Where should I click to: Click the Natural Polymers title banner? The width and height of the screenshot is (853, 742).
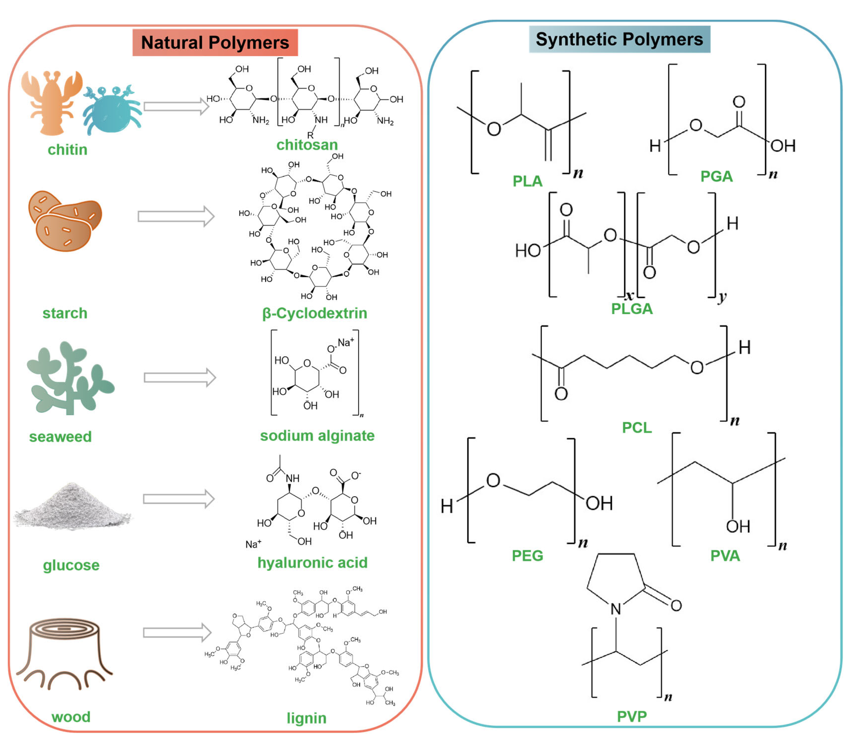coord(215,42)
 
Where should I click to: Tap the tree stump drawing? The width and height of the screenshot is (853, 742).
coord(64,654)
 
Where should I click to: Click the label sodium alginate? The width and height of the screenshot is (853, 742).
coord(317,436)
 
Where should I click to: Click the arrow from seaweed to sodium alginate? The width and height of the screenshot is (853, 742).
coord(180,377)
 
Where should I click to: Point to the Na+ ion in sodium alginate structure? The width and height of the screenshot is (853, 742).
coord(345,342)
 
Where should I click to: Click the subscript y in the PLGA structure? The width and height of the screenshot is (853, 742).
coord(722,297)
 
